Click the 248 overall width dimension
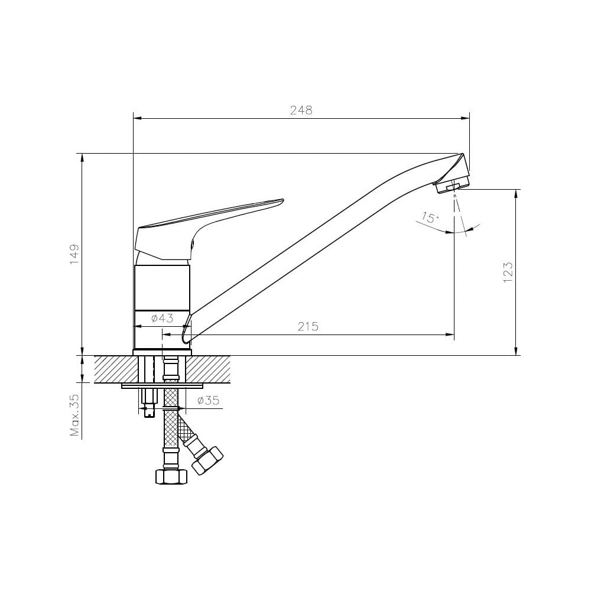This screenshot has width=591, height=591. pyautogui.click(x=301, y=111)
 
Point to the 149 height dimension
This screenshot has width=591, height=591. pyautogui.click(x=74, y=254)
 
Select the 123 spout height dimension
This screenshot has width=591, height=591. pyautogui.click(x=508, y=272)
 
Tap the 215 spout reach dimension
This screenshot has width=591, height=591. pyautogui.click(x=308, y=326)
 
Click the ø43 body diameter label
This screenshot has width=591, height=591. pyautogui.click(x=162, y=319)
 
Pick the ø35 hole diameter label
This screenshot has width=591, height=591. pyautogui.click(x=208, y=400)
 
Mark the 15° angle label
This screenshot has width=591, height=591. pyautogui.click(x=430, y=218)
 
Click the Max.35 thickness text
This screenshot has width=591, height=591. pyautogui.click(x=74, y=415)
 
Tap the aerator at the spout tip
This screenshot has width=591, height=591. pyautogui.click(x=452, y=186)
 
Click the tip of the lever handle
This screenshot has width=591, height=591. pyautogui.click(x=282, y=200)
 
